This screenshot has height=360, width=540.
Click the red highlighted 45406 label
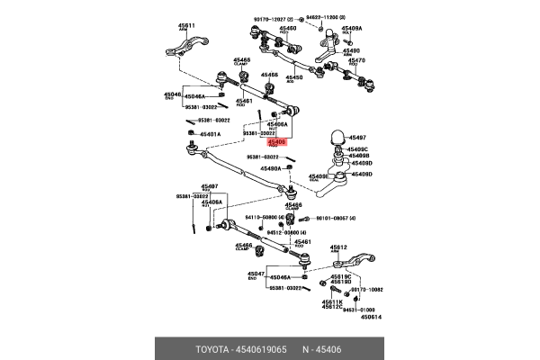pos(276,141)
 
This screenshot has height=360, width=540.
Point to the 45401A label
pos(210,133)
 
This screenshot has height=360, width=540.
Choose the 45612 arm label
pos(338,246)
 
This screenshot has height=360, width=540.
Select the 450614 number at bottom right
pos(371,316)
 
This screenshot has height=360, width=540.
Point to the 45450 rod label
pos(294,77)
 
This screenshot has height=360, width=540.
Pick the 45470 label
pos(357,60)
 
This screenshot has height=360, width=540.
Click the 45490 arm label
pos(351,51)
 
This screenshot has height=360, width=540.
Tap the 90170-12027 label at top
pos(276,16)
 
